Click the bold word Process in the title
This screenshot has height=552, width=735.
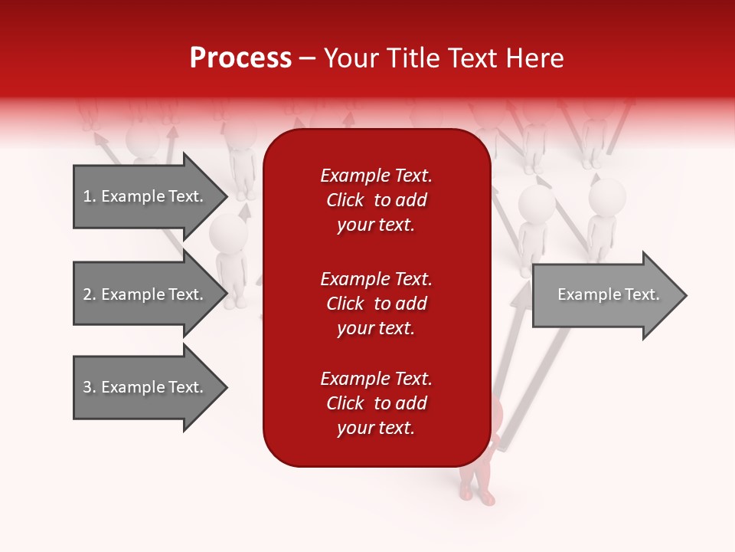pos(240,58)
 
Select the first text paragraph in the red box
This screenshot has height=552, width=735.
pos(376,200)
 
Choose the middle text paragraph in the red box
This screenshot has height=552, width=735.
pos(376,303)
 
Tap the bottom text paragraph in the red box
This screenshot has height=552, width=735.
pos(376,403)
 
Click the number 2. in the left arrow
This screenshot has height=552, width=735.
pos(90,294)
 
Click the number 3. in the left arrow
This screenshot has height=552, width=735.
pos(90,387)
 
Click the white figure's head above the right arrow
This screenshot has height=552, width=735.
pos(537,204)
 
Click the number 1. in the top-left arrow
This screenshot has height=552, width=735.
pos(90,196)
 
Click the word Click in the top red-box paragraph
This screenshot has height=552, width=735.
pos(345,200)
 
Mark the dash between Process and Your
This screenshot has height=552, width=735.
pos(308,58)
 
